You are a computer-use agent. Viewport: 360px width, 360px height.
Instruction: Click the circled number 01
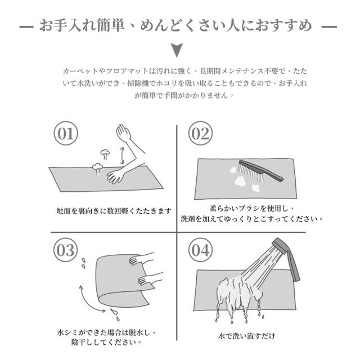pos(66,133)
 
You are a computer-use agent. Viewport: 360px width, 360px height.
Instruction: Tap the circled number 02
pos(200,133)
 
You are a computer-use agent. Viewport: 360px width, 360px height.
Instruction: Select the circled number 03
pos(65,250)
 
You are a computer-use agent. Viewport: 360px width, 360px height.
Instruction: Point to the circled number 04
pos(200,250)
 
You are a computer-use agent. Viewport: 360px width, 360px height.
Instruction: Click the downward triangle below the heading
pos(177,50)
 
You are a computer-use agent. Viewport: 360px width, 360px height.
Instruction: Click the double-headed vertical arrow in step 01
pos(123,155)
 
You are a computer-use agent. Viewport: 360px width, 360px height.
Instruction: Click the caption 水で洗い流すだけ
pos(247,336)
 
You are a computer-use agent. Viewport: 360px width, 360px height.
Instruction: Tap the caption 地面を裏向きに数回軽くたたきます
pos(114,211)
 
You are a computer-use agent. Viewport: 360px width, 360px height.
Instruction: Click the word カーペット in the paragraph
pos(80,71)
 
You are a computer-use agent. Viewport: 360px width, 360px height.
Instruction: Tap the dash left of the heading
pos(26,26)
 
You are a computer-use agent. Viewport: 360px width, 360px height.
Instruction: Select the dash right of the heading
pos(329,26)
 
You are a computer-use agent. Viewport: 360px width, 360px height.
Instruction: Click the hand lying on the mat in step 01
pos(116,176)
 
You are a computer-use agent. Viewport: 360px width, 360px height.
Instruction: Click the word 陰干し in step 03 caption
pos(82,343)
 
